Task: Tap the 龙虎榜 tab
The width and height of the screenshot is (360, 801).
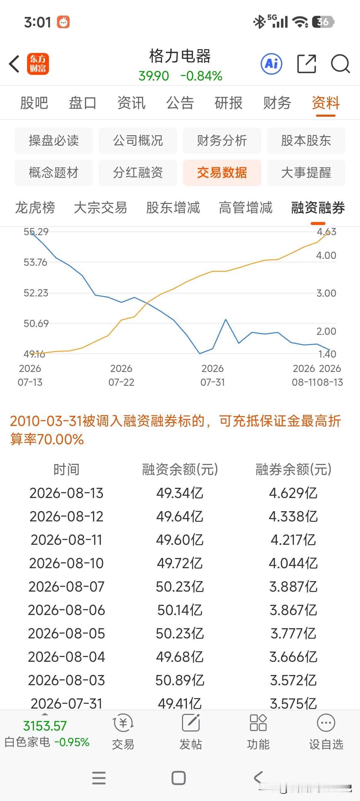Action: [35, 207]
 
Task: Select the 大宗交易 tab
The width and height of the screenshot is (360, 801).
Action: [100, 207]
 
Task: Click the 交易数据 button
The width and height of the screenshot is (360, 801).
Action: [222, 172]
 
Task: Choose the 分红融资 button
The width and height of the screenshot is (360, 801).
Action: [138, 172]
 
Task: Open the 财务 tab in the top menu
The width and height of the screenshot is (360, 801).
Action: [277, 103]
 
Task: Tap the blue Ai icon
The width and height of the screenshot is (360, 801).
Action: [271, 64]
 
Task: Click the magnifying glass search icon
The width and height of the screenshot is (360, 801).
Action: [340, 64]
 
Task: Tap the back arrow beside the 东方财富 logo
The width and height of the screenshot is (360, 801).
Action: [14, 64]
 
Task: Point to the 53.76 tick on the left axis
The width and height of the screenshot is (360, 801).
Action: [36, 262]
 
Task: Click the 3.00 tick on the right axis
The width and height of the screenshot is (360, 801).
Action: [326, 293]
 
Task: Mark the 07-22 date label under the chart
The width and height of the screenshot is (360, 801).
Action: [121, 382]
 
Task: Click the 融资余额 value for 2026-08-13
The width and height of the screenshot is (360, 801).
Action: [180, 493]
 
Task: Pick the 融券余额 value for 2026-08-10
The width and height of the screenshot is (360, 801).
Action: [293, 563]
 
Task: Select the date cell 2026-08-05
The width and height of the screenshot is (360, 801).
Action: [66, 633]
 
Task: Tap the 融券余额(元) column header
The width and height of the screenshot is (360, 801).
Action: [293, 469]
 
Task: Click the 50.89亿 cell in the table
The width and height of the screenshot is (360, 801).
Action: [180, 680]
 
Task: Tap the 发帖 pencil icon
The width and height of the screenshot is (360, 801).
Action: [190, 723]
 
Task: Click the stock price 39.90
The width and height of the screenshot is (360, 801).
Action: [154, 76]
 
